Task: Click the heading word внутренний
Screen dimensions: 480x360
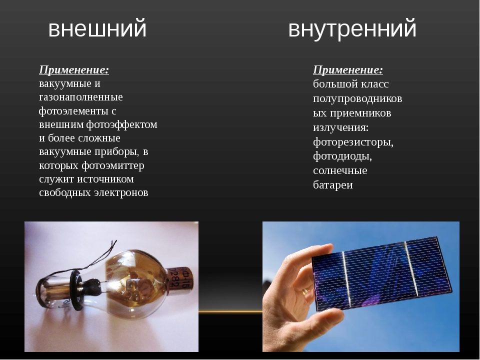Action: click(x=352, y=29)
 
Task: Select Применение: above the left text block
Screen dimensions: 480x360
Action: click(x=74, y=70)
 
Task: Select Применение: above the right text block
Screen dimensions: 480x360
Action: click(x=348, y=70)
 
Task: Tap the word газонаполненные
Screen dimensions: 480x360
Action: click(x=81, y=97)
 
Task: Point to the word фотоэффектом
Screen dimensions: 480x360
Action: click(x=121, y=124)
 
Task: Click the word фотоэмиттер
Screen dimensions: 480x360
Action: click(x=113, y=165)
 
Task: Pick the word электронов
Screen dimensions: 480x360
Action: click(x=121, y=193)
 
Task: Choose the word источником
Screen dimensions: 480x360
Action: click(x=105, y=179)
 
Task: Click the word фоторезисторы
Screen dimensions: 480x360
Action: click(x=353, y=142)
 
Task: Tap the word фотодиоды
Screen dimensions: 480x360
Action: click(x=342, y=156)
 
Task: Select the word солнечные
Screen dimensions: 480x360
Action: click(x=340, y=170)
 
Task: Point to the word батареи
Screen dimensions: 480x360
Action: click(x=333, y=184)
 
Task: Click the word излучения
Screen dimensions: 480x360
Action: click(x=340, y=127)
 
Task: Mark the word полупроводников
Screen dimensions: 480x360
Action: click(x=357, y=98)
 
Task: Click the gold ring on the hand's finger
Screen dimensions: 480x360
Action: click(x=305, y=291)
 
